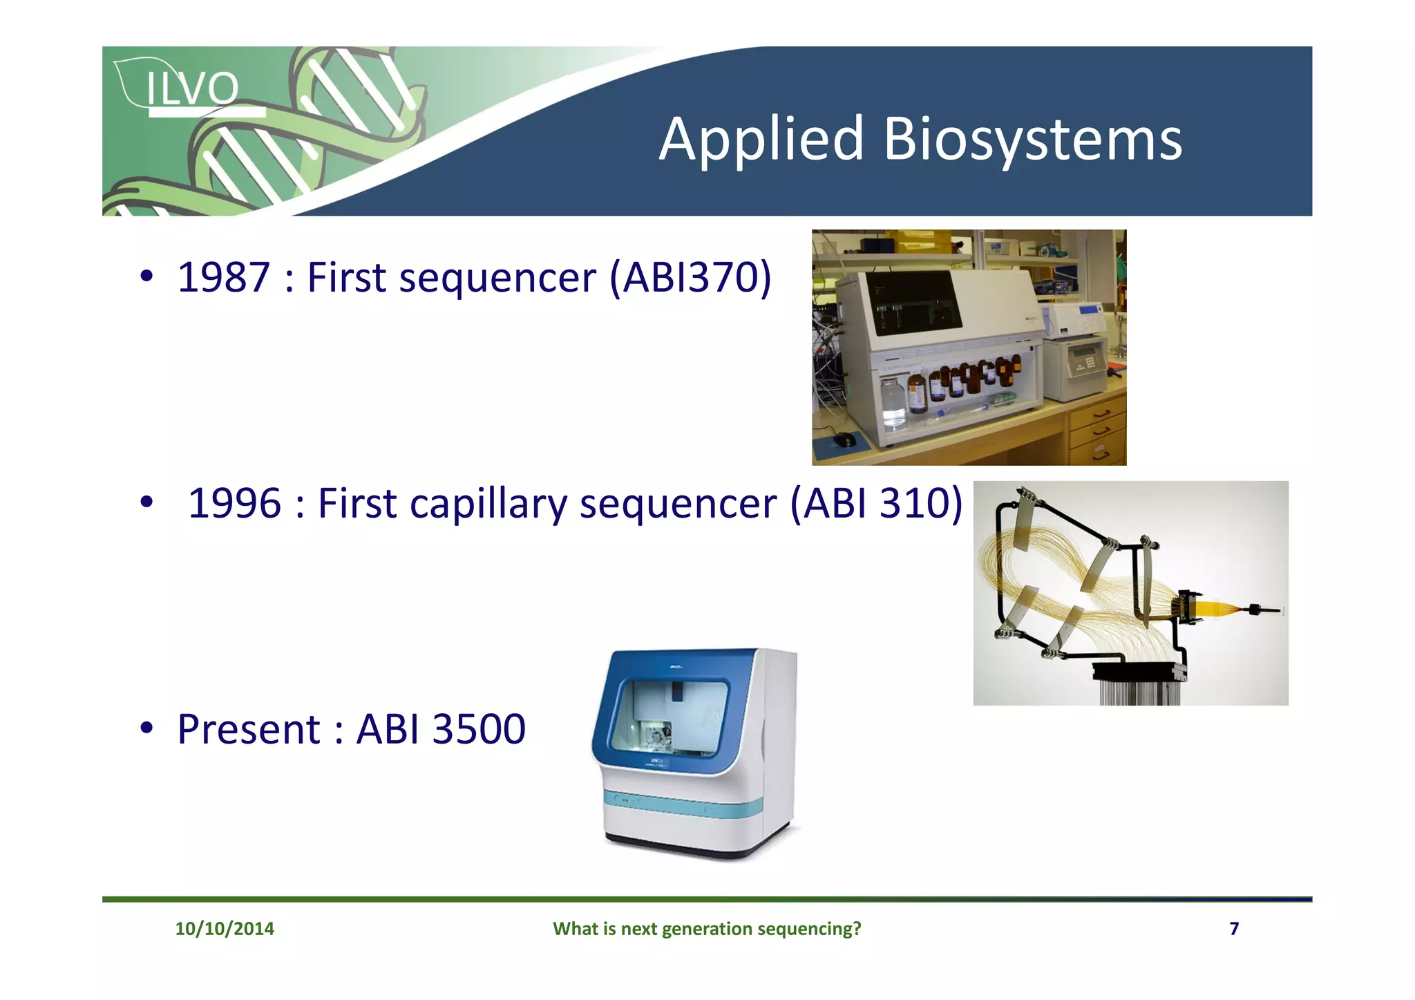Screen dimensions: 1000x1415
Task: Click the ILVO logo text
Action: click(x=192, y=88)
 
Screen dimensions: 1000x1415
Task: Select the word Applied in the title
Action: click(x=761, y=140)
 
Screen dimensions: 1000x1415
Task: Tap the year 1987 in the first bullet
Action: click(x=223, y=278)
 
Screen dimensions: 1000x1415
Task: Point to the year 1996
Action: click(x=234, y=503)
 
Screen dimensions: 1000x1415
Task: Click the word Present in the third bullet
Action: click(x=248, y=729)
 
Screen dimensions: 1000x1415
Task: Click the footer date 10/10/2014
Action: click(x=225, y=928)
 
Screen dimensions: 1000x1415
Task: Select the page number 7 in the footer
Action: click(x=1234, y=928)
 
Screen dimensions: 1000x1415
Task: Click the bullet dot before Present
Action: click(x=146, y=728)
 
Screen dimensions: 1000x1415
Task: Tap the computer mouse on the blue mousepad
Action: click(x=844, y=440)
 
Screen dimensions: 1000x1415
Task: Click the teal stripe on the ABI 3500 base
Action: click(x=684, y=804)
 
